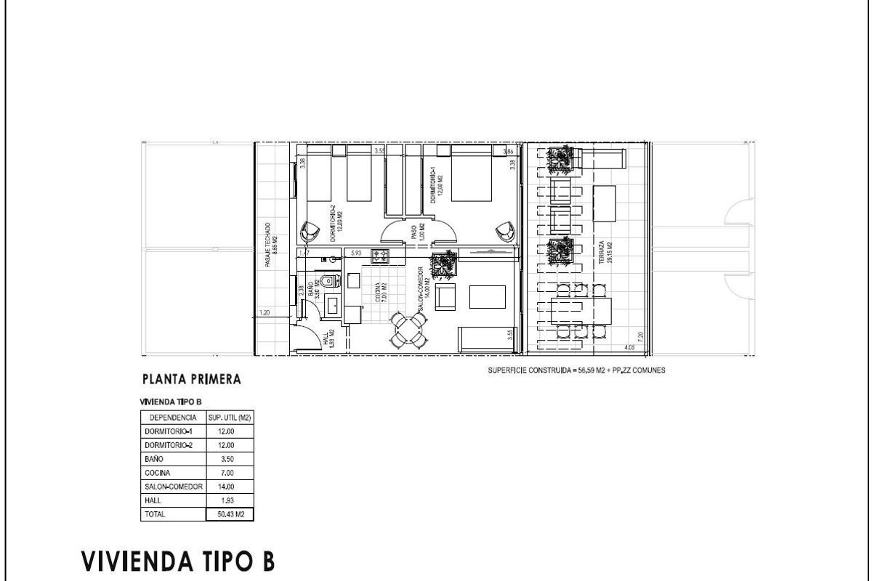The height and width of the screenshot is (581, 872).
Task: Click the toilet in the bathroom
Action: pyautogui.click(x=328, y=280)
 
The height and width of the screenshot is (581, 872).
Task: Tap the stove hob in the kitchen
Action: pyautogui.click(x=380, y=255)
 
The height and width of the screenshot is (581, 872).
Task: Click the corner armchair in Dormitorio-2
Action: pyautogui.click(x=311, y=232)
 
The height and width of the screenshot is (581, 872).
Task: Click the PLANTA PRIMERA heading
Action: pyautogui.click(x=191, y=379)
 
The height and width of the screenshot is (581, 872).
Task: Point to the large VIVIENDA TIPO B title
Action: pyautogui.click(x=178, y=561)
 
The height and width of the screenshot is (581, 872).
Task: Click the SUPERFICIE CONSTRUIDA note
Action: pyautogui.click(x=576, y=370)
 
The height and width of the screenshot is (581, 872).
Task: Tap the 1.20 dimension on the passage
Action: pyautogui.click(x=265, y=314)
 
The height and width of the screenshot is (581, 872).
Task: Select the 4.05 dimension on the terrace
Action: pyautogui.click(x=629, y=348)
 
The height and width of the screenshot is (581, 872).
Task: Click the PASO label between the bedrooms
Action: pyautogui.click(x=414, y=232)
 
